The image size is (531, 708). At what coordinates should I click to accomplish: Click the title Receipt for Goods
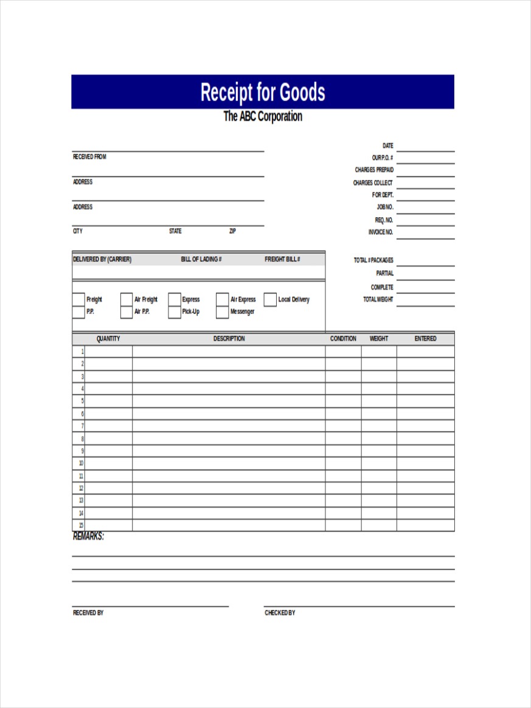(263, 92)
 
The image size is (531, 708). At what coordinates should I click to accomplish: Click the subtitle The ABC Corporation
(263, 116)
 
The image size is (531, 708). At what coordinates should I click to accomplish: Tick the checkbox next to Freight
(78, 299)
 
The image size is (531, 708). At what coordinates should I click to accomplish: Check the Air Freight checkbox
(127, 299)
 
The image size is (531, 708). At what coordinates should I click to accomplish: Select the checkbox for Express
(175, 299)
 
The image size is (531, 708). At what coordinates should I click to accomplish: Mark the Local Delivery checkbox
(270, 299)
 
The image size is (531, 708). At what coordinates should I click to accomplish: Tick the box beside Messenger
(222, 312)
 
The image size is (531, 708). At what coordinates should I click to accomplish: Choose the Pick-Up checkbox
(175, 312)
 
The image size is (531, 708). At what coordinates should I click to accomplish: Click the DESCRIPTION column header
(229, 339)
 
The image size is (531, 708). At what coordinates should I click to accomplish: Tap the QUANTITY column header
(108, 339)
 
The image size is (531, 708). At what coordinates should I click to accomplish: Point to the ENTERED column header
(425, 339)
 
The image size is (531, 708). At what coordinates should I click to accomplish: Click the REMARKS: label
(88, 536)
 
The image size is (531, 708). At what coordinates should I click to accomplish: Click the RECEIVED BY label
(88, 613)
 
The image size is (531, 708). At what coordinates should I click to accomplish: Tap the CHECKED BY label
(280, 613)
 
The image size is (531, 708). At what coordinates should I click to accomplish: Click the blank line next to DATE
(425, 147)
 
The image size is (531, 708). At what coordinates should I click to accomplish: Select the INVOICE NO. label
(381, 232)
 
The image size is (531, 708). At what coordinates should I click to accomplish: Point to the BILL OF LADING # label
(201, 260)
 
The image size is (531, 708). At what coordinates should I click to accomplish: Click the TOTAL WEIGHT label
(378, 299)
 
